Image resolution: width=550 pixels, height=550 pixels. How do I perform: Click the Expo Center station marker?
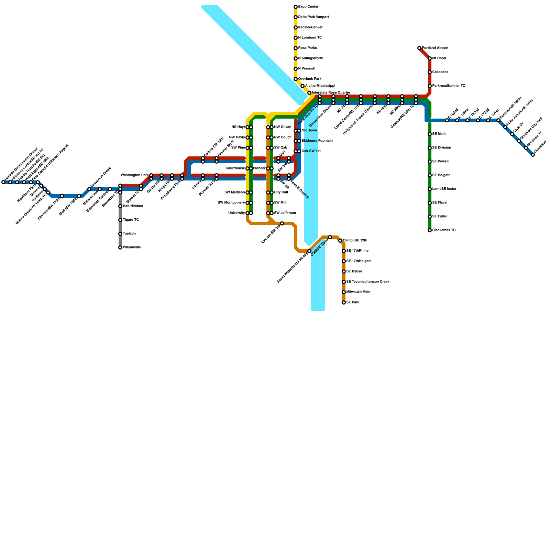point(296,7)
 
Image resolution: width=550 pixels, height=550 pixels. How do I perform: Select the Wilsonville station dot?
point(120,247)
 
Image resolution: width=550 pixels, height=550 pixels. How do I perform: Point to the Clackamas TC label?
point(444,230)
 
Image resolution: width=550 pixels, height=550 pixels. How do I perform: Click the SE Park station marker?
point(344,302)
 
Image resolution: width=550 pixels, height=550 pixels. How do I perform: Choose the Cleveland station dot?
point(533,155)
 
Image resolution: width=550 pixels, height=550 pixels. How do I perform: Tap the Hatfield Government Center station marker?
point(3,182)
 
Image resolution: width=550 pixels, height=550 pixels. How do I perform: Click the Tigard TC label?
point(131,220)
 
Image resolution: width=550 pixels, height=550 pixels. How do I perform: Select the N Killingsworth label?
point(311,58)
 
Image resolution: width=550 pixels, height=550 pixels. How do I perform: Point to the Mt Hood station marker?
point(430,58)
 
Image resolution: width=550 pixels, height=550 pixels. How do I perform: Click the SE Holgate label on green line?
point(441,175)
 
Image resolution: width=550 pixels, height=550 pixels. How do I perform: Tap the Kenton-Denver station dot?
point(296,27)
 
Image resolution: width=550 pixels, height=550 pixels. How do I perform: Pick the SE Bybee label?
point(354,272)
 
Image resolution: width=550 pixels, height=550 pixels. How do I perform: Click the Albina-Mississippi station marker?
point(302,86)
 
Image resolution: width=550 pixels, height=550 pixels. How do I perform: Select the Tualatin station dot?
point(120,234)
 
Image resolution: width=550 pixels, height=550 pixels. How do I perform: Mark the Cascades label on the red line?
point(440,72)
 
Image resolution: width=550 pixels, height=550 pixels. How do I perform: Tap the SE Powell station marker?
point(430,162)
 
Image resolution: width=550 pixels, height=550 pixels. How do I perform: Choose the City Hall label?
point(281,192)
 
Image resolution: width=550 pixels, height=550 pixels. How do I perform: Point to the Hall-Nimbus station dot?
point(120,206)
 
